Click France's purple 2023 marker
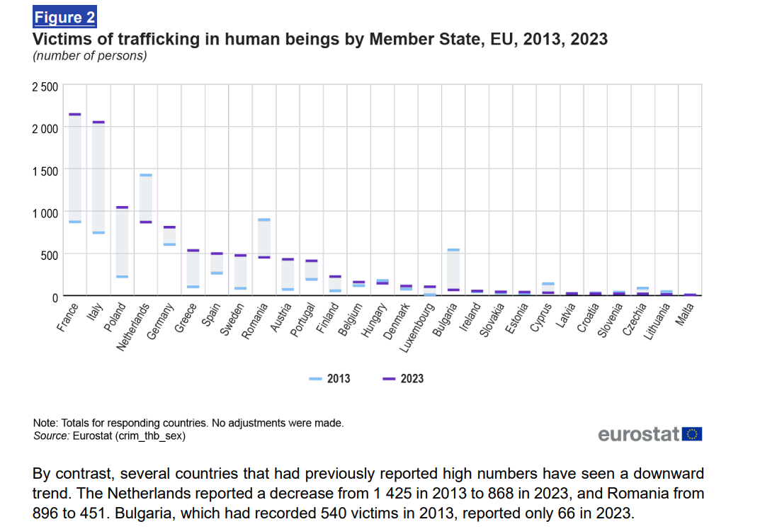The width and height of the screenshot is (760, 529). pos(74,114)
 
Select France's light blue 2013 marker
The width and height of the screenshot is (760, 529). pos(74,222)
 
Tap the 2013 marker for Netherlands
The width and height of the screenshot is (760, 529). pos(145,175)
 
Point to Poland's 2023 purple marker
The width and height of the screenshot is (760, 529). pos(122,207)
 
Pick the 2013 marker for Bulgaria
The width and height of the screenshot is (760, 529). pos(453,250)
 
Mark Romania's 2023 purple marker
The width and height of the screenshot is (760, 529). pos(263,257)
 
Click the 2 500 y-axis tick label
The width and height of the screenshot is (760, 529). pos(44,87)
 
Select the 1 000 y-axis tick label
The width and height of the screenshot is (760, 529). pos(45,212)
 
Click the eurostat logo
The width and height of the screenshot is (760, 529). pos(650,434)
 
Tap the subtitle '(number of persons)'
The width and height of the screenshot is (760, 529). pos(90,56)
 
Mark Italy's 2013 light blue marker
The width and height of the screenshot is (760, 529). pos(98,232)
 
